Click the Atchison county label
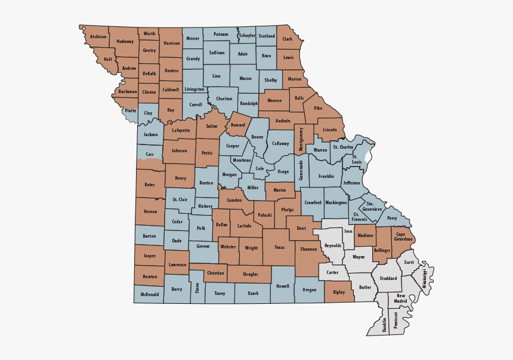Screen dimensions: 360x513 coord(98,36)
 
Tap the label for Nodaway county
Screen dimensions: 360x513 coord(125,41)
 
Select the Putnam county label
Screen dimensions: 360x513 coord(221,35)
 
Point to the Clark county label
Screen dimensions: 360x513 coord(288,39)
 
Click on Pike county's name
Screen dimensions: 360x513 coord(318,109)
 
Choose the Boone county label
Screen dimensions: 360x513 coord(257,137)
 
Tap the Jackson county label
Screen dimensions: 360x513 coord(151,134)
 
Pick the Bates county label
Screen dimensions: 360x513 coord(149,184)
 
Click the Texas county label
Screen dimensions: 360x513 coord(280,247)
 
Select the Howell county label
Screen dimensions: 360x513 coord(282,286)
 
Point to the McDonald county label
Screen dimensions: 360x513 coord(150,294)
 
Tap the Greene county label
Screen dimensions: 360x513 coord(203,245)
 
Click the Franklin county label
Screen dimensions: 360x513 coord(326,177)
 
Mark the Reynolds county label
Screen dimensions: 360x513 coord(333,245)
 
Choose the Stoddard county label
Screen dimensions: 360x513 coord(388,278)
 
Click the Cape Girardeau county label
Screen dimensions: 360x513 coord(404,236)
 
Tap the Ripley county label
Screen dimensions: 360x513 coord(339,292)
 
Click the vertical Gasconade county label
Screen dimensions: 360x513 coord(301,170)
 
